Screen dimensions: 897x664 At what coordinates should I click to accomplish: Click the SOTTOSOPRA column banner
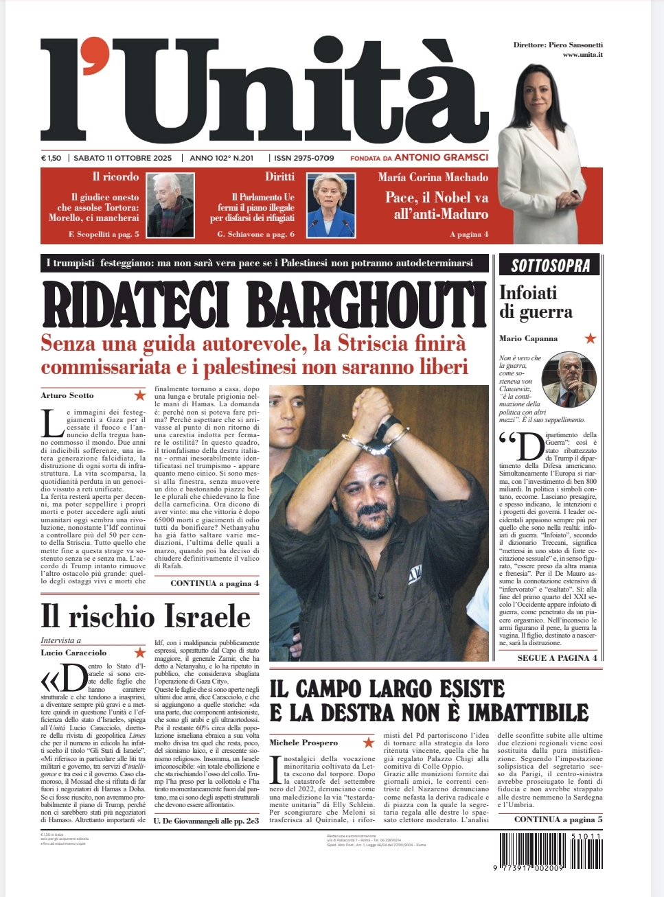click(550, 266)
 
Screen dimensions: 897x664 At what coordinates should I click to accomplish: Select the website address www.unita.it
click(582, 55)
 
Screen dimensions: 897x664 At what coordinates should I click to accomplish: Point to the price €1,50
click(51, 158)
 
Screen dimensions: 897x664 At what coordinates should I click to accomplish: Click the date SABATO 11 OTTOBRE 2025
click(122, 158)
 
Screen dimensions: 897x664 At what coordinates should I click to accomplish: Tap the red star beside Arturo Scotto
click(140, 395)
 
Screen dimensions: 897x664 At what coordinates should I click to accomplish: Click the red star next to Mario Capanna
click(590, 338)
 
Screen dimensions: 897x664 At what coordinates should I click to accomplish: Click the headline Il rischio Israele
click(146, 616)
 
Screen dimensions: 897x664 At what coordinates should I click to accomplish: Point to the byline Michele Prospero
click(304, 743)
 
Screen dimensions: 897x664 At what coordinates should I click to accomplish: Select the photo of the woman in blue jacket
click(330, 205)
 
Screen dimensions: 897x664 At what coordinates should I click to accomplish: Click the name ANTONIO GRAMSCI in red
click(442, 158)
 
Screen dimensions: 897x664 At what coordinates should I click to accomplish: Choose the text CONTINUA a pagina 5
click(558, 819)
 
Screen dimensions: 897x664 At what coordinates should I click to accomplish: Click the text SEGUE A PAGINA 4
click(557, 657)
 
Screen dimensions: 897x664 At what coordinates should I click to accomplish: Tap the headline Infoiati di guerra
click(536, 303)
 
